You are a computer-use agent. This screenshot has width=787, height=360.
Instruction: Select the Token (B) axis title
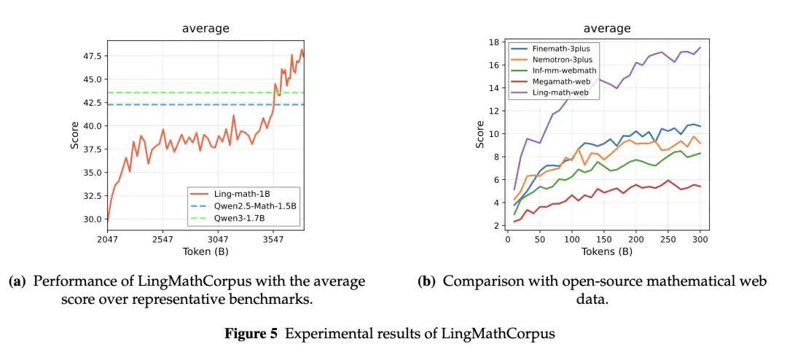click(205, 251)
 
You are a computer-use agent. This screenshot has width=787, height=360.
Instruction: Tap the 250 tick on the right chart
click(667, 239)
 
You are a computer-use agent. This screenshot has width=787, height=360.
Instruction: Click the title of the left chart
click(205, 28)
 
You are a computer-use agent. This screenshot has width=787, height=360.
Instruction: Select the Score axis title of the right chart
click(479, 134)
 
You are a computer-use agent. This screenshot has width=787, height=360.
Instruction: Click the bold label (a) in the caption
click(17, 281)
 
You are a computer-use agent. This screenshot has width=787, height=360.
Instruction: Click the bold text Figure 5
click(251, 334)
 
